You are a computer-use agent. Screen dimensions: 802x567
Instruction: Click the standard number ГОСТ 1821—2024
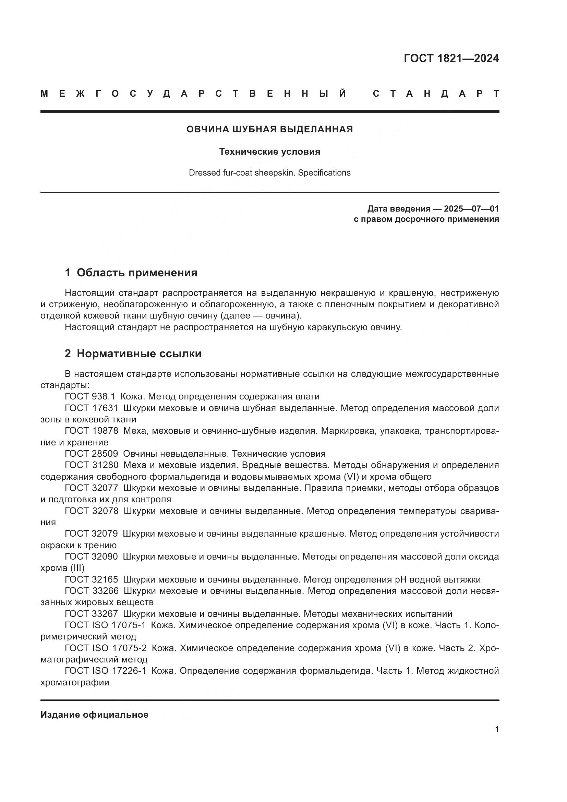pos(451,58)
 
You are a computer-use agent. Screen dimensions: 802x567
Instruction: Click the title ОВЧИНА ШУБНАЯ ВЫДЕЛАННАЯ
pos(269,129)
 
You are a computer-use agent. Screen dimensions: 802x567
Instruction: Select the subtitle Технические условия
pos(269,152)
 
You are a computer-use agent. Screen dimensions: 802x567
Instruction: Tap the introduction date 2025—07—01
pos(471,209)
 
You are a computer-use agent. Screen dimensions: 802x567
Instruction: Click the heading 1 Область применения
pos(131,273)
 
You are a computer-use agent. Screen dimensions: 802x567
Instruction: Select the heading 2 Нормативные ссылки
pos(133,354)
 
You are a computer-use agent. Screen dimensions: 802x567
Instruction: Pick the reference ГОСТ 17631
pos(92,408)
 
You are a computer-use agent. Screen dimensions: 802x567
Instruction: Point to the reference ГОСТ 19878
pos(92,431)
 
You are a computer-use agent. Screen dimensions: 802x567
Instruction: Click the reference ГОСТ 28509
pos(92,454)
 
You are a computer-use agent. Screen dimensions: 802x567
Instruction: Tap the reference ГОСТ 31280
pos(92,465)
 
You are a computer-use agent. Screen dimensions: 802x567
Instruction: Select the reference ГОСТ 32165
pos(92,579)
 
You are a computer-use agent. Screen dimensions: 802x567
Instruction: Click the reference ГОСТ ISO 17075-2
pos(106,648)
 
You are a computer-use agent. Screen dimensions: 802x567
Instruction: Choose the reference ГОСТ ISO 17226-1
pos(106,671)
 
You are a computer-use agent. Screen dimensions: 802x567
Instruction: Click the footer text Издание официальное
pos(94,715)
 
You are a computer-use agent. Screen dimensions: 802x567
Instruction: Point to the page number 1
pos(497,729)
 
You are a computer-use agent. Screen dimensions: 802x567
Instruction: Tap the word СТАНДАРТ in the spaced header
pos(436,94)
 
